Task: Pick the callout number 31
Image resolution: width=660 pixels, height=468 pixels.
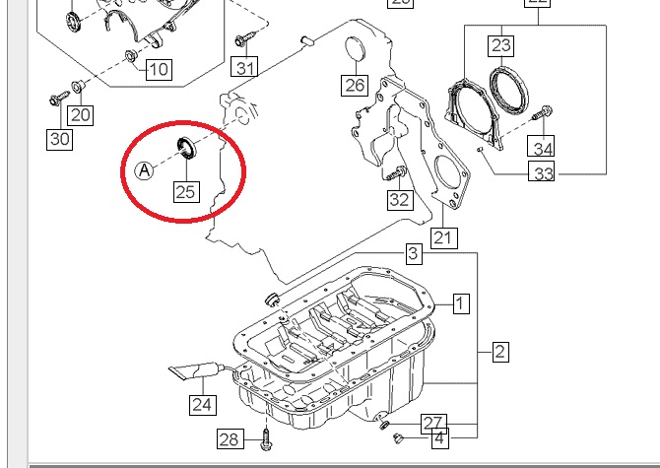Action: point(245,68)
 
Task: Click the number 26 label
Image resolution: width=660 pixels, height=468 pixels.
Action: point(355,85)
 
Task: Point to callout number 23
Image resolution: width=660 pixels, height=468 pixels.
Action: point(501,45)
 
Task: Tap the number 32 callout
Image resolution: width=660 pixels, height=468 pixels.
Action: point(398,200)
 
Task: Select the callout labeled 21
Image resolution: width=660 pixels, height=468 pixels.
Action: point(444,237)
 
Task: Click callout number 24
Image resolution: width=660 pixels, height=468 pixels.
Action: point(202,403)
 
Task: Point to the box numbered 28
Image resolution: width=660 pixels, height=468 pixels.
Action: point(229,438)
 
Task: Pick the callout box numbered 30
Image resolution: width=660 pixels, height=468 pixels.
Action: point(60,139)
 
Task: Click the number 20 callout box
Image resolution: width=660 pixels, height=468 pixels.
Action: point(80,115)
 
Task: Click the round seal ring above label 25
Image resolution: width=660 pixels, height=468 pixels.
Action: point(185,150)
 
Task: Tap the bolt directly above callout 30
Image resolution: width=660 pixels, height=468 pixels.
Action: point(58,99)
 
